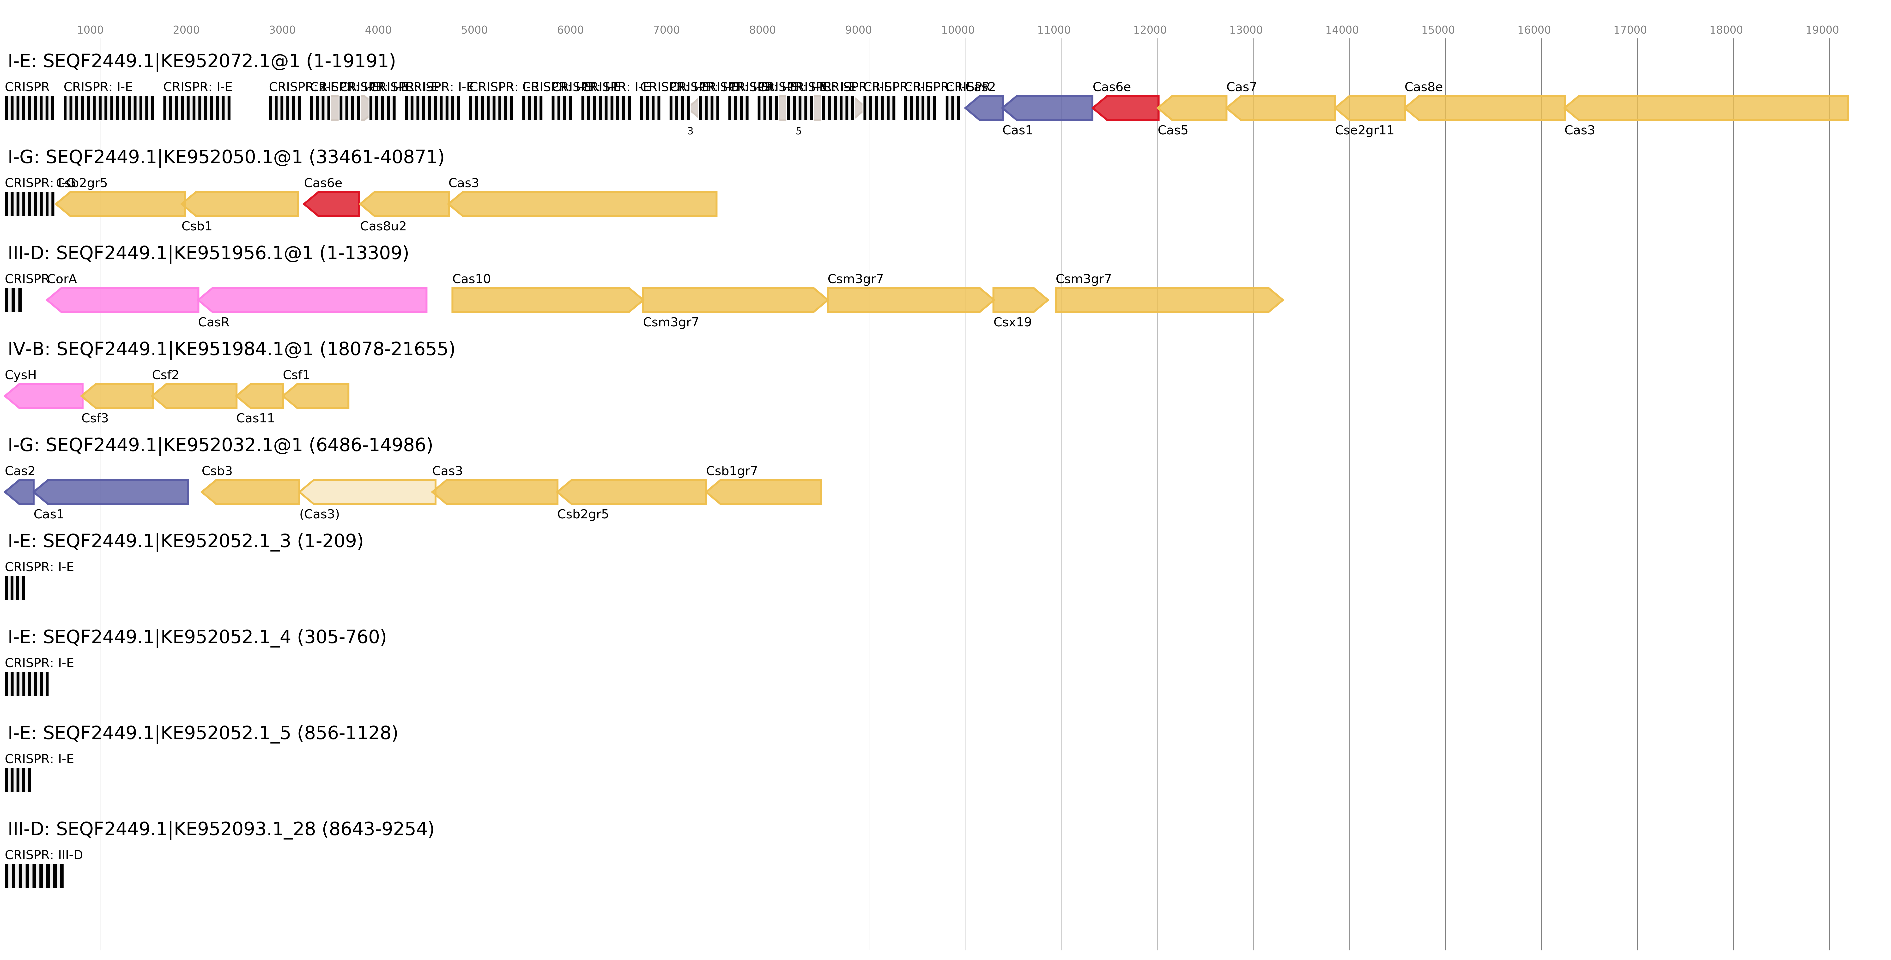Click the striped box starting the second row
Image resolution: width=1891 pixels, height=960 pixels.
(x=29, y=204)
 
